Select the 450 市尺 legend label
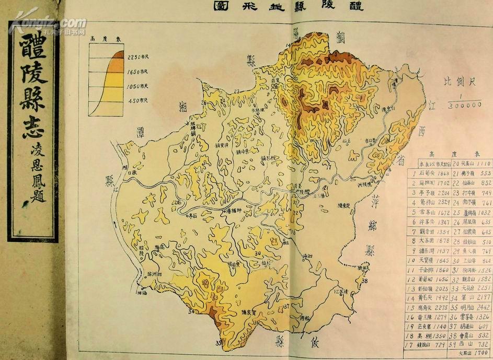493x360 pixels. pos(139,101)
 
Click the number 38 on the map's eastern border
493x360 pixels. pos(365,281)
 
